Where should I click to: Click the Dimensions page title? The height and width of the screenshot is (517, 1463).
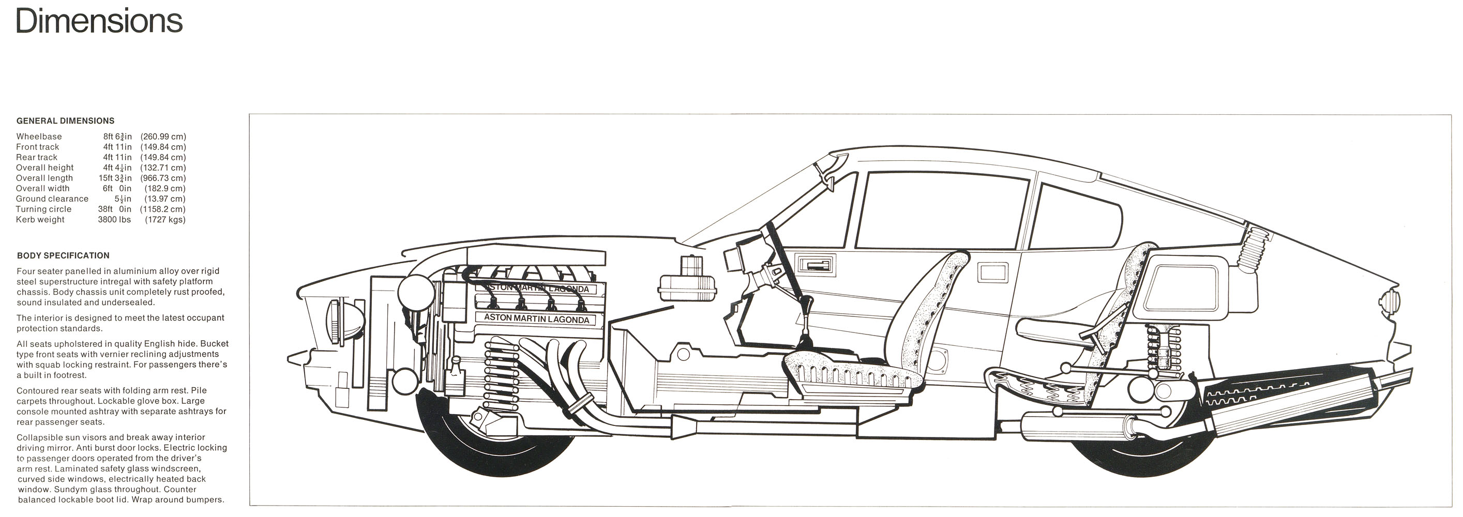click(99, 21)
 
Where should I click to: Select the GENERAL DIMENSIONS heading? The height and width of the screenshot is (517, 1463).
click(65, 121)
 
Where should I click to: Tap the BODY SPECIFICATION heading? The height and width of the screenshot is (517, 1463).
click(63, 255)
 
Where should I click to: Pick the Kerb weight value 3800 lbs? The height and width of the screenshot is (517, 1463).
click(114, 220)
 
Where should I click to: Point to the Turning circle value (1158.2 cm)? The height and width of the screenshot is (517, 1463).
click(163, 209)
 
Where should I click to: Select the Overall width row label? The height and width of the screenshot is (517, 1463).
click(42, 188)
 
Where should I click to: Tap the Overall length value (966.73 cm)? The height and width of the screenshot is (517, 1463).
click(163, 178)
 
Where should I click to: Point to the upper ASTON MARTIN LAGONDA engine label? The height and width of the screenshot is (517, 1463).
click(536, 289)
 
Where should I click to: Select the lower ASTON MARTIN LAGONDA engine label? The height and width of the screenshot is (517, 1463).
click(536, 319)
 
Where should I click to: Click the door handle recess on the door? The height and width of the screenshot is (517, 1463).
click(816, 266)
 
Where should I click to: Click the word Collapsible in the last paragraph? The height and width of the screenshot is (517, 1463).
click(41, 437)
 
